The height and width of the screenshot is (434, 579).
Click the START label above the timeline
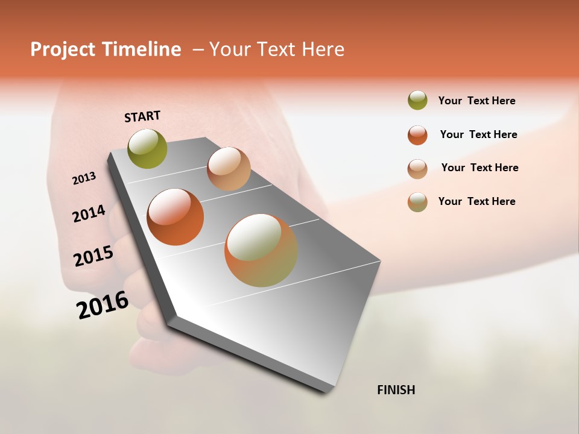tap(142, 116)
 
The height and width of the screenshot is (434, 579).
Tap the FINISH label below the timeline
tap(396, 390)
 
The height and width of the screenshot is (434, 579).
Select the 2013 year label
tap(84, 178)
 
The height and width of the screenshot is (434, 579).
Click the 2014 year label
tap(89, 213)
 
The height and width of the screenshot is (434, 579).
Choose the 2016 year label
tap(103, 305)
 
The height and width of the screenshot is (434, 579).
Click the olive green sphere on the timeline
tap(148, 148)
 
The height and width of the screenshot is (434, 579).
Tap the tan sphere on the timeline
tap(229, 169)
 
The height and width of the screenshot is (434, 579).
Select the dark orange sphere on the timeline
tap(176, 217)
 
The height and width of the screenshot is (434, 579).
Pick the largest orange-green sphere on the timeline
tap(261, 250)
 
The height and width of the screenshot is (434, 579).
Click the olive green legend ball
tap(417, 101)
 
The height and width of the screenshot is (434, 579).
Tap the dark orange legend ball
tap(417, 135)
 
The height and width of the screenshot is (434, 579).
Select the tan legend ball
tap(417, 168)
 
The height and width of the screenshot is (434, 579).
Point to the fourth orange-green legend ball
tap(417, 202)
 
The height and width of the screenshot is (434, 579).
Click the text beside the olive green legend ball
tap(476, 101)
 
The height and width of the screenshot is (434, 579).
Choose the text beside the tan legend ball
tap(479, 168)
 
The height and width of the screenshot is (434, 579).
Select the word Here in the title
tap(323, 49)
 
